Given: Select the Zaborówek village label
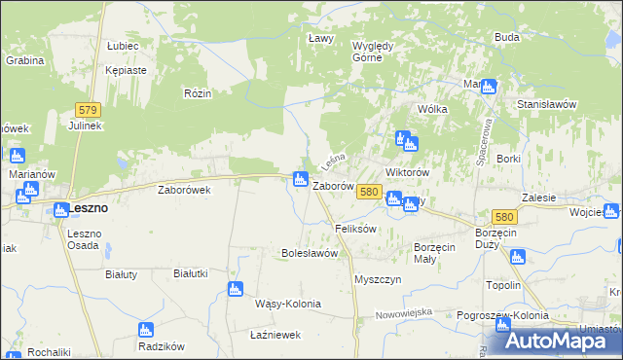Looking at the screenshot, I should [x=185, y=191].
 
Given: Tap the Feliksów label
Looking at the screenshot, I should [x=355, y=229].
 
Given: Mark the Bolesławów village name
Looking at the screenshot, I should [x=309, y=253].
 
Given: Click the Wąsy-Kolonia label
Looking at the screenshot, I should [x=287, y=304].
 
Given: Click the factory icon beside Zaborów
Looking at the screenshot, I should [x=300, y=178].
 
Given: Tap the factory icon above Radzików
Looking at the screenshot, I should [x=145, y=329].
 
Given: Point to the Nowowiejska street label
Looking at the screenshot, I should [x=404, y=313].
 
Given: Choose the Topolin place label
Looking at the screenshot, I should [x=503, y=286].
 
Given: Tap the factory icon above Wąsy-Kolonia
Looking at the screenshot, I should [x=234, y=289].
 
